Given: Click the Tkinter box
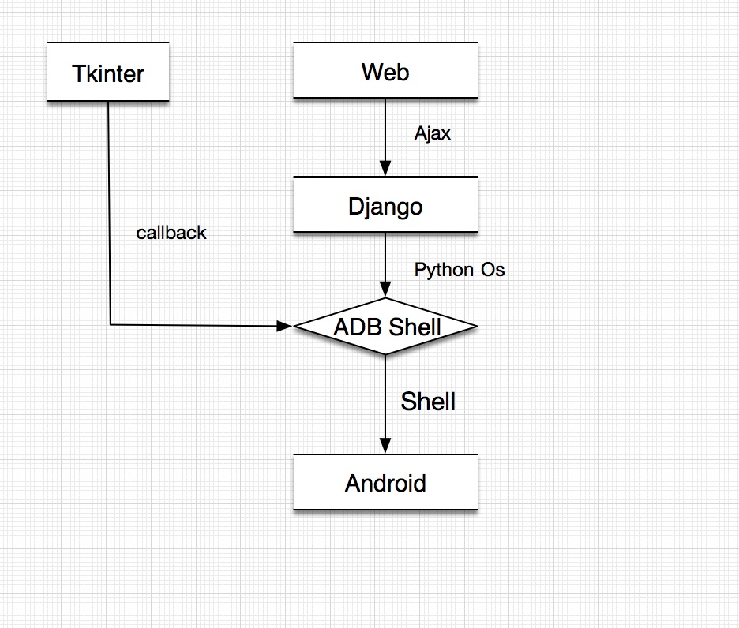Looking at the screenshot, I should click(108, 73).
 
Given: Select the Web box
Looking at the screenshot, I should click(385, 72).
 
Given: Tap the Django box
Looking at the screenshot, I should click(385, 207).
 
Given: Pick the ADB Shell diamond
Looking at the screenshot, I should click(385, 326).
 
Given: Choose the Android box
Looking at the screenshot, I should click(385, 483).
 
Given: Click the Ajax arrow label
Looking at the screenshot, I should click(433, 133).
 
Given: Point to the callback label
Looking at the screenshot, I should click(171, 233).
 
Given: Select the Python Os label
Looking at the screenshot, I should click(460, 270).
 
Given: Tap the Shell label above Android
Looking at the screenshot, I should click(428, 401).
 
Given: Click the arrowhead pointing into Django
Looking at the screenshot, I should click(385, 169).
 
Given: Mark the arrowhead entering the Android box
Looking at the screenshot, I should click(385, 447).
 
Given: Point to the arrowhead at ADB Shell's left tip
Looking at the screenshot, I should click(286, 325).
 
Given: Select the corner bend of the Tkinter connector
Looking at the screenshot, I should click(110, 323).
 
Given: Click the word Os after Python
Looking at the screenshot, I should click(493, 270).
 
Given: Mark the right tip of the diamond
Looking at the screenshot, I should click(476, 326).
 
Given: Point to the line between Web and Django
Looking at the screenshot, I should click(385, 130).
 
